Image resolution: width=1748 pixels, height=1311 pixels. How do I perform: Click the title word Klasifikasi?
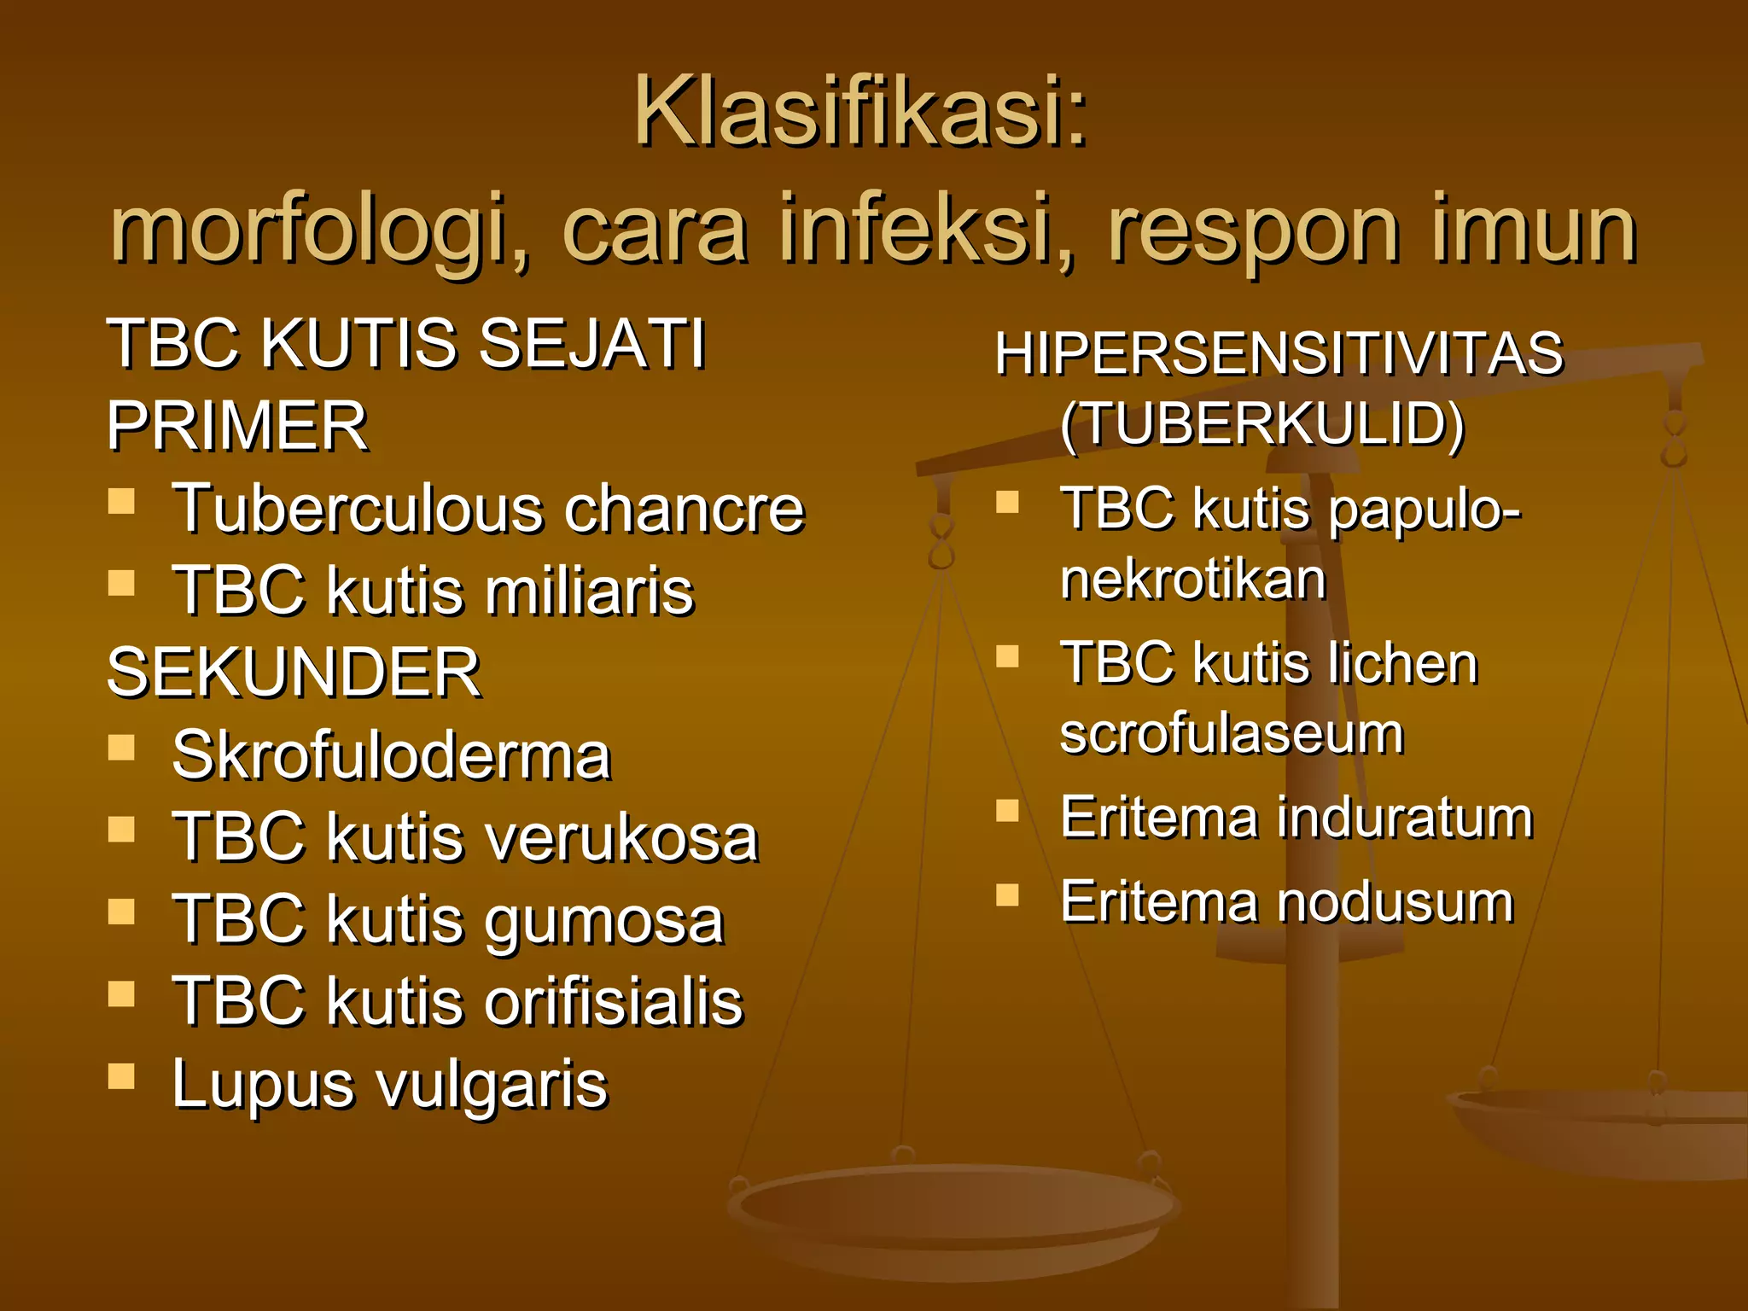click(x=859, y=113)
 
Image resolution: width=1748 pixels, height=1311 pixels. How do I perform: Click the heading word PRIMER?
click(x=237, y=426)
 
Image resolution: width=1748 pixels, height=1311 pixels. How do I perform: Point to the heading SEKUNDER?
click(x=294, y=673)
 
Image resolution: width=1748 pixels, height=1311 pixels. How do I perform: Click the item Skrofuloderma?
click(x=391, y=755)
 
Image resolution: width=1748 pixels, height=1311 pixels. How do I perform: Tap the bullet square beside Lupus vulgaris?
click(x=122, y=1076)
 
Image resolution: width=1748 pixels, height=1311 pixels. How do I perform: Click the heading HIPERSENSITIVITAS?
click(x=1279, y=353)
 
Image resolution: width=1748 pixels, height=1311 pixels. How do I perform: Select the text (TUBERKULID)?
click(x=1261, y=423)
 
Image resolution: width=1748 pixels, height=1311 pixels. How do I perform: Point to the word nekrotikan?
click(x=1192, y=580)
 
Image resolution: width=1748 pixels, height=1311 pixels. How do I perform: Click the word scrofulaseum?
click(x=1231, y=734)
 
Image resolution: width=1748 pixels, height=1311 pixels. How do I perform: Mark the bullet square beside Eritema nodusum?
click(x=1008, y=894)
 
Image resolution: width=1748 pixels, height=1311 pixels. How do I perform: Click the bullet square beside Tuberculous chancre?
click(x=122, y=501)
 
